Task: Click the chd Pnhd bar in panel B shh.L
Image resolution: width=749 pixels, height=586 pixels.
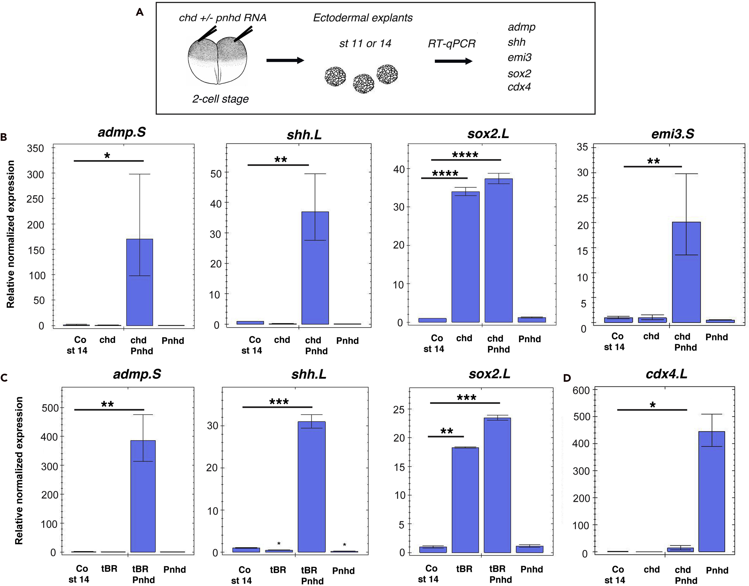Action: point(315,268)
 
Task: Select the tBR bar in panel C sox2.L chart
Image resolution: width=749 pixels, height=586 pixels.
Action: point(465,500)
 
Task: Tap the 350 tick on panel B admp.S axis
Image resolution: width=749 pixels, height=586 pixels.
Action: point(35,149)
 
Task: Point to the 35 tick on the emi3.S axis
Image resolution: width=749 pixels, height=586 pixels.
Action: point(582,147)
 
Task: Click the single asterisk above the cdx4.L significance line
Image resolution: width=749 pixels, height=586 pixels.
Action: point(653,405)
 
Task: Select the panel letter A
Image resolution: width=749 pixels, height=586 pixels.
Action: point(140,12)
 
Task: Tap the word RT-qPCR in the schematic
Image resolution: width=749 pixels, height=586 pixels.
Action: point(452,44)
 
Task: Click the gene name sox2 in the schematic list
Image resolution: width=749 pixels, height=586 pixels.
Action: point(519,74)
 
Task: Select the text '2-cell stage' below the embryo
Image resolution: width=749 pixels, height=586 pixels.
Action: point(220,99)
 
